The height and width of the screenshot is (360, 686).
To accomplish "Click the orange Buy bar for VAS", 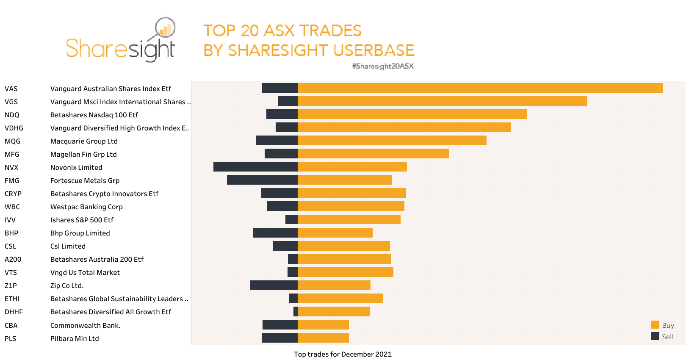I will click(480, 88).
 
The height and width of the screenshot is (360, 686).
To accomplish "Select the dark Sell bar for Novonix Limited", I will click(255, 167).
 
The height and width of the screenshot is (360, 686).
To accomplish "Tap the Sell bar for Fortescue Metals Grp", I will click(262, 180).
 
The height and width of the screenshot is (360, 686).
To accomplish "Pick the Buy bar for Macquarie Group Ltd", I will click(392, 141).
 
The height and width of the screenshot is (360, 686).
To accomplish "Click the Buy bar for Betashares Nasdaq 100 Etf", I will click(412, 114).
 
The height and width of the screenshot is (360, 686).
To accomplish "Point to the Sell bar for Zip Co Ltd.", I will click(274, 285).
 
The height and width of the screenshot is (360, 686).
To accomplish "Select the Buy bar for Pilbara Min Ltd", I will click(323, 338).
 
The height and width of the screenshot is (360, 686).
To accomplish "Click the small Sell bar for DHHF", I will click(296, 312).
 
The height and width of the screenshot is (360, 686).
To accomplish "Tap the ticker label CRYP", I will click(13, 194).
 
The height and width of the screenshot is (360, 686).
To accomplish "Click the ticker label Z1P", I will click(11, 285).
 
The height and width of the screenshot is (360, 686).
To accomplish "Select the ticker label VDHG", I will click(14, 128).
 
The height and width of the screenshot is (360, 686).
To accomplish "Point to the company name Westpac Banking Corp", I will click(86, 207).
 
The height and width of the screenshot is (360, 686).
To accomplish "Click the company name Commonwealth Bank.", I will click(85, 325).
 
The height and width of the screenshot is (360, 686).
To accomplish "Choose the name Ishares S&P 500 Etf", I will click(82, 220).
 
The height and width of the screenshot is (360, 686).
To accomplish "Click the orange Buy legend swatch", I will click(655, 325).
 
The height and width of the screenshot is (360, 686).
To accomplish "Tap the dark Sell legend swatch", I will click(655, 336).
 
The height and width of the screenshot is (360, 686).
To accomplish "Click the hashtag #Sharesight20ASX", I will click(382, 66).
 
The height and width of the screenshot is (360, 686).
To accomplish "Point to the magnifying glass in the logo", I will click(165, 28).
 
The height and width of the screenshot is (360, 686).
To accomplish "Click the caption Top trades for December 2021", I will click(343, 354).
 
